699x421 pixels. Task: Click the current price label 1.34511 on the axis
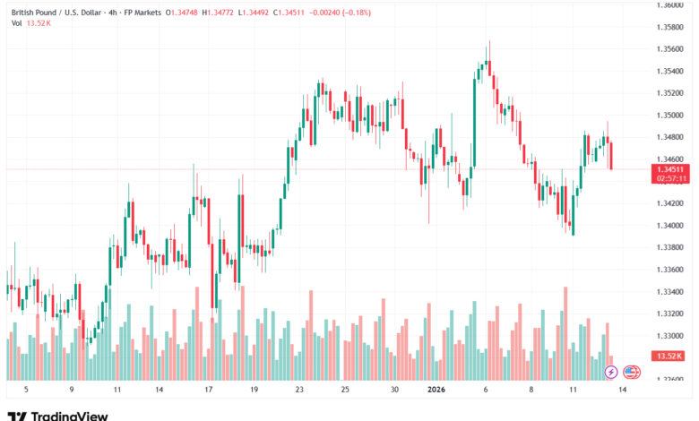[x=669, y=168]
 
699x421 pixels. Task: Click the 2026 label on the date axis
[x=436, y=390]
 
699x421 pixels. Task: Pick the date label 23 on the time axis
[x=300, y=390]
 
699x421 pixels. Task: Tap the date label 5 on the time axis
[x=25, y=390]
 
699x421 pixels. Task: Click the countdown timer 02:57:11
[x=669, y=178]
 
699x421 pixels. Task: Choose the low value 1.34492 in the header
[x=259, y=12]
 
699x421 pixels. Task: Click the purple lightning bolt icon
[x=610, y=371]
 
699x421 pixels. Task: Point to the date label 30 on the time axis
[x=393, y=390]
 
